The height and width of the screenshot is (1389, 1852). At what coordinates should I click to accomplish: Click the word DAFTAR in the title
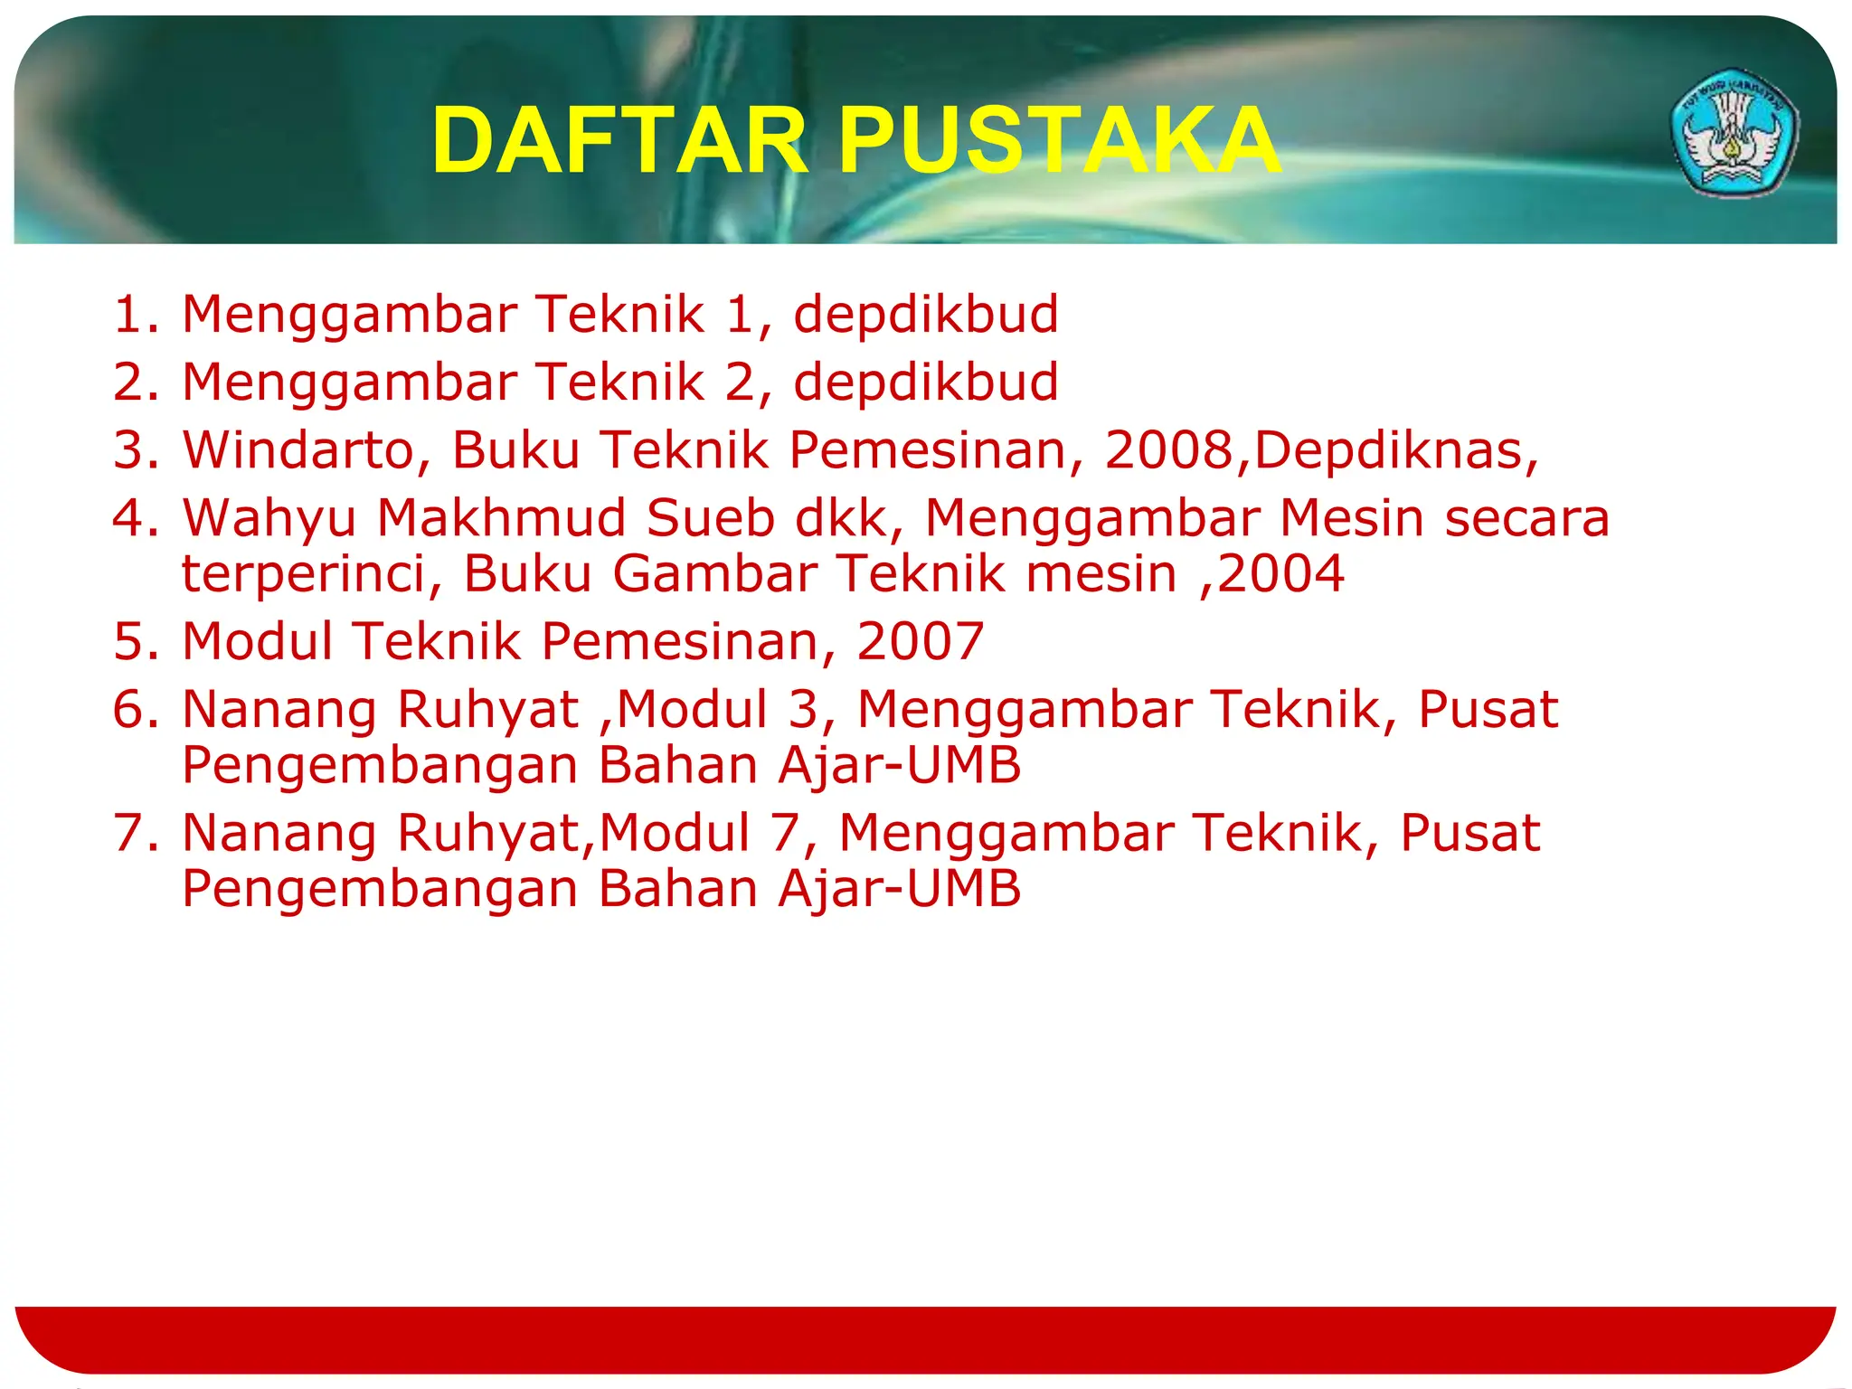click(x=620, y=141)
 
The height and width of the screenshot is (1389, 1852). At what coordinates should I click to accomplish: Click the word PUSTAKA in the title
click(x=1059, y=141)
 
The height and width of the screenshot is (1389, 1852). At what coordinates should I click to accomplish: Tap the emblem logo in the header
click(x=1734, y=132)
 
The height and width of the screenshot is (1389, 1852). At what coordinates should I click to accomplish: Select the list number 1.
click(x=132, y=315)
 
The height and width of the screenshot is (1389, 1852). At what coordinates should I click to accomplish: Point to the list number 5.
click(x=132, y=642)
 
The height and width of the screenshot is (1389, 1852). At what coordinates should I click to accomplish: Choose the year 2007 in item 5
click(x=920, y=642)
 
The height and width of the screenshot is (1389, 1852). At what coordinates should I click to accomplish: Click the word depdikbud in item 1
click(x=926, y=315)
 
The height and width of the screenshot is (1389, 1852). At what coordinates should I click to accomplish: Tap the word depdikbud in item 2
click(x=926, y=383)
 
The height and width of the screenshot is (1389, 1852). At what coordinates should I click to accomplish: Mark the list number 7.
click(x=132, y=834)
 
